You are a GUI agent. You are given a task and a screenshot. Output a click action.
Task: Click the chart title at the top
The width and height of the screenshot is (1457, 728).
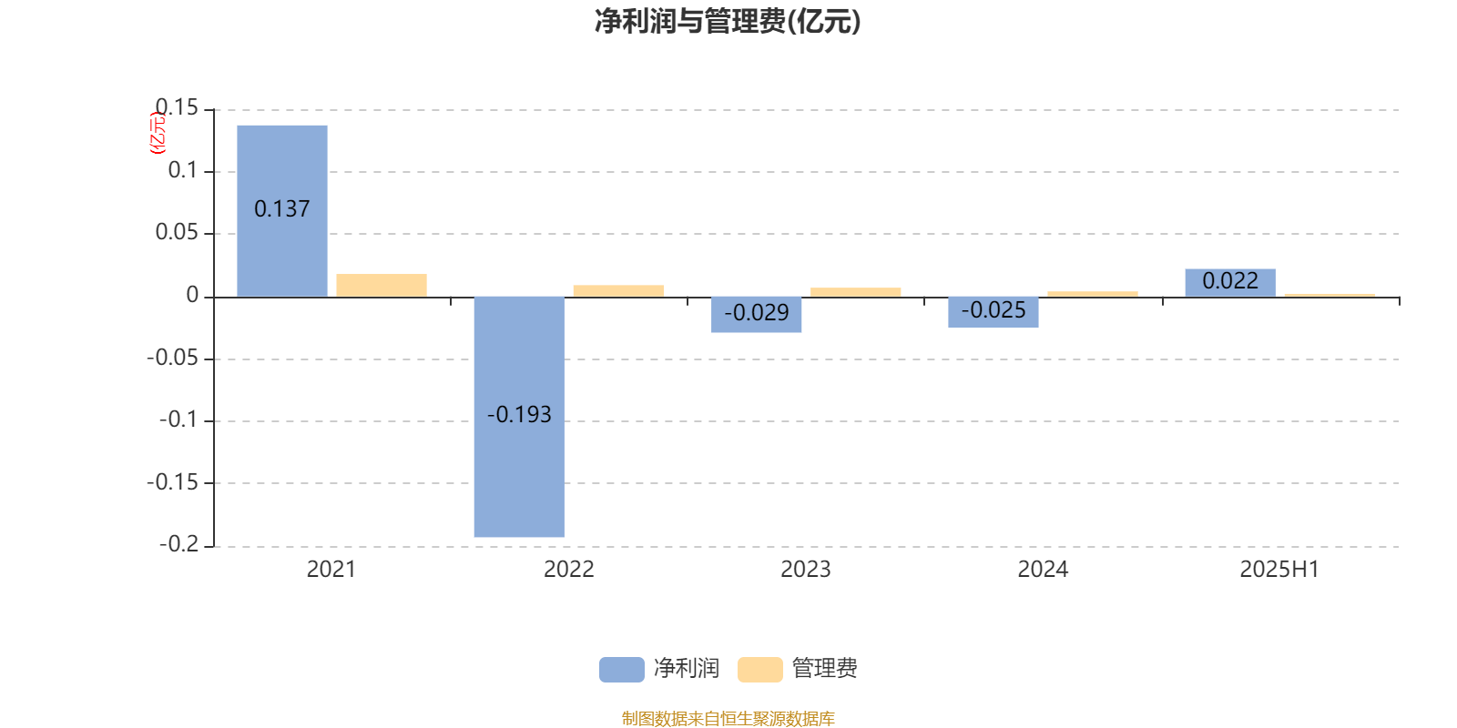tap(728, 22)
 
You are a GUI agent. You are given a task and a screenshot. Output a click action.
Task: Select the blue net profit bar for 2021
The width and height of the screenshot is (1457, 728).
tap(282, 211)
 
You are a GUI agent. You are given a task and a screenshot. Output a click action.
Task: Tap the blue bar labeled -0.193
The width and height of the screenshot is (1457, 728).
tap(519, 417)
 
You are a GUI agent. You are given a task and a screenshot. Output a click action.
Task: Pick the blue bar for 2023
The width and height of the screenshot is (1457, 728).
tap(756, 315)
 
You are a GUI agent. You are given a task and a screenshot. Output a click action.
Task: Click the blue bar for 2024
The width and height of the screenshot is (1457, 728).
tap(993, 312)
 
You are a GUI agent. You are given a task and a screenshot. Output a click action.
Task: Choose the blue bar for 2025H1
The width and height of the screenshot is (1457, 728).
tap(1230, 283)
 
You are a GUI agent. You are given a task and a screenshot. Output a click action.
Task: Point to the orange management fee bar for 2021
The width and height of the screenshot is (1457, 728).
tap(382, 286)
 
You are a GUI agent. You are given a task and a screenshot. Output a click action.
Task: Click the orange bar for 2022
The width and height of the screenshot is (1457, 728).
tap(618, 291)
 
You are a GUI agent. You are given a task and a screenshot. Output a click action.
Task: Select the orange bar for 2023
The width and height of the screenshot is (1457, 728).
tap(855, 292)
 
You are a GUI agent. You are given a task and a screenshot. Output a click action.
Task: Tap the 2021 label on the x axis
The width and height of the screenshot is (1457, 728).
tap(331, 570)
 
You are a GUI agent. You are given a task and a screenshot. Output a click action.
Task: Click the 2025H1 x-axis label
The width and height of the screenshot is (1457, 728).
tap(1279, 570)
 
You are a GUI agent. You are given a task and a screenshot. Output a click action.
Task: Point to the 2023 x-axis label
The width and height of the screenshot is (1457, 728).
tap(805, 570)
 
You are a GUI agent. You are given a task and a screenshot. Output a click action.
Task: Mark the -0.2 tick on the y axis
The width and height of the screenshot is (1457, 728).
tap(178, 544)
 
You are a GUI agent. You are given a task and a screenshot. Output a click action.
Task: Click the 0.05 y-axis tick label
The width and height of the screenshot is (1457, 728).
tap(177, 232)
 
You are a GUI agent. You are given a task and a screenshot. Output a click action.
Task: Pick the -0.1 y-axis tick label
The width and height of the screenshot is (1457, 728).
tap(178, 420)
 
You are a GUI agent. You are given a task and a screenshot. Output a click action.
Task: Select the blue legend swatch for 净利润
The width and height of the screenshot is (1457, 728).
tap(621, 670)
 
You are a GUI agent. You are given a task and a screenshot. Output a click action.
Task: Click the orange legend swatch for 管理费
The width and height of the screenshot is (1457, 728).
tap(759, 670)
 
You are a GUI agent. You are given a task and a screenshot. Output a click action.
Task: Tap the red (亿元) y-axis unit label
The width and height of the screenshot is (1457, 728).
tap(158, 133)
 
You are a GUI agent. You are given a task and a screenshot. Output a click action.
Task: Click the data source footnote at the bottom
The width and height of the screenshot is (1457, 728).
tap(728, 718)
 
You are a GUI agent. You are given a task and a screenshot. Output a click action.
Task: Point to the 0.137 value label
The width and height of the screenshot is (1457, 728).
tap(281, 208)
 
